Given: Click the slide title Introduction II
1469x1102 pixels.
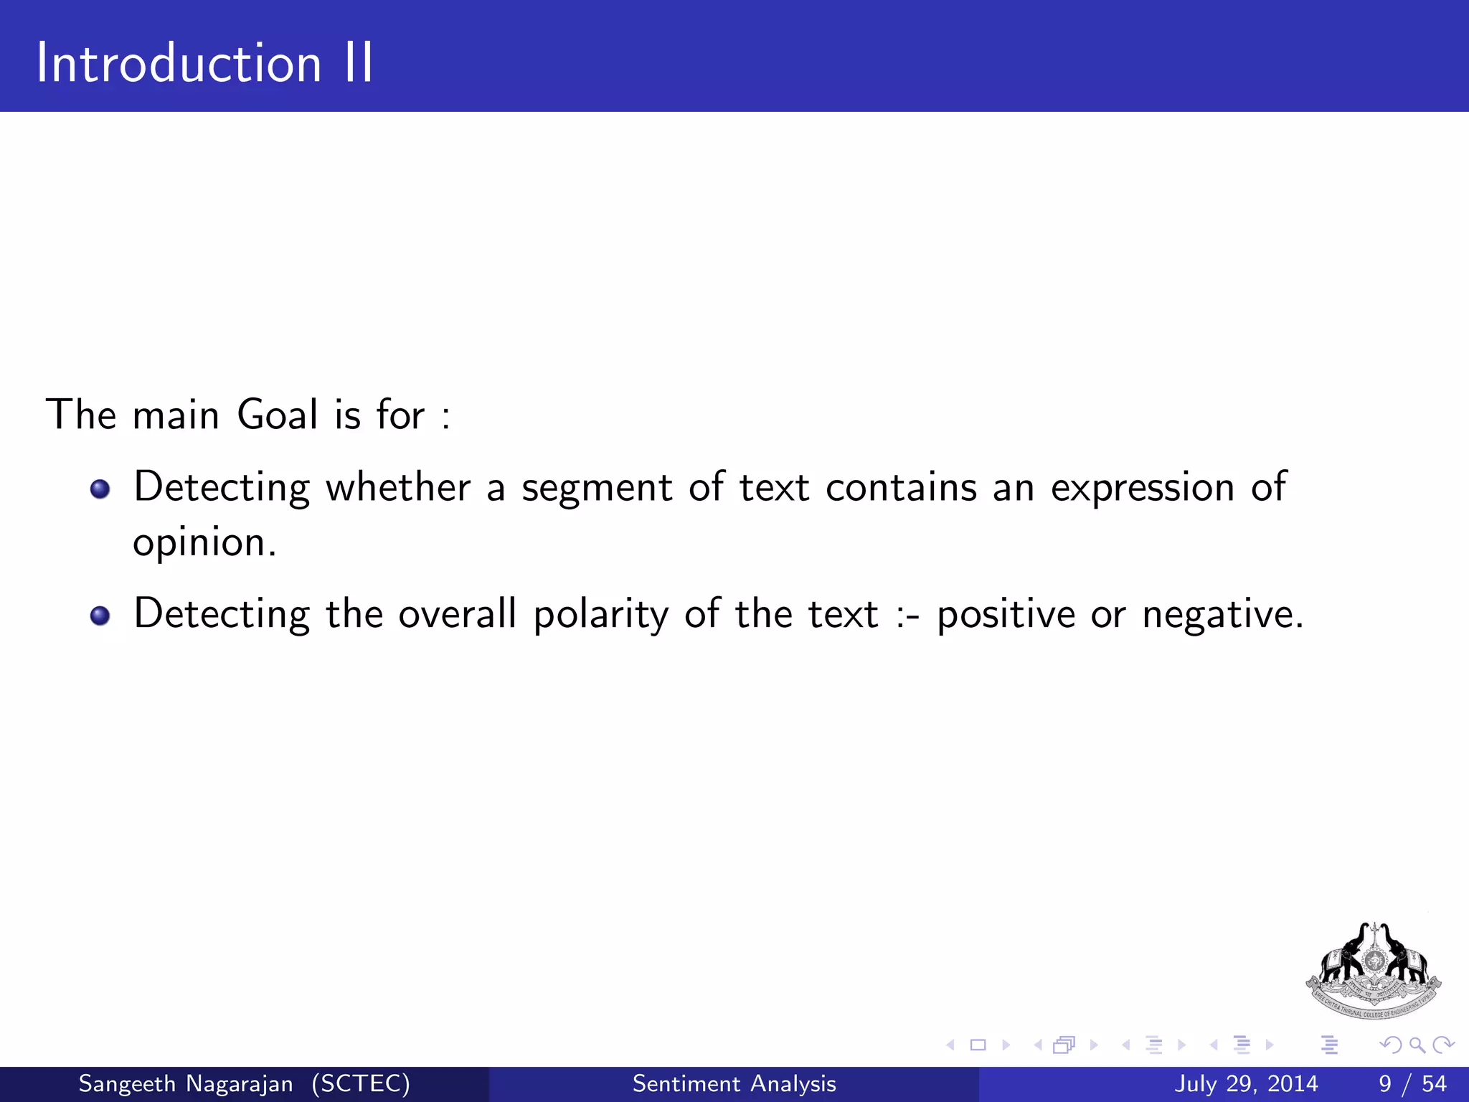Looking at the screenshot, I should tap(204, 63).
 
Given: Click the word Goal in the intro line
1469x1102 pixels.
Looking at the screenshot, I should tap(278, 415).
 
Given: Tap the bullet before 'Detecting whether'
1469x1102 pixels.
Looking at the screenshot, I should tap(100, 489).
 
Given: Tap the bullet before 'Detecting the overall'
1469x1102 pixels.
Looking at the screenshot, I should tap(100, 616).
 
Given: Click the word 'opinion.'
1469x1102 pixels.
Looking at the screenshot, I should tap(204, 543).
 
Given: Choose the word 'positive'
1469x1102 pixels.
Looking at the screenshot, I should tap(1006, 616).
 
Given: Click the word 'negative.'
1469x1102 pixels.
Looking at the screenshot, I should tap(1222, 616).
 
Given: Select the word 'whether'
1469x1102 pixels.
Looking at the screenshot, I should tap(398, 488).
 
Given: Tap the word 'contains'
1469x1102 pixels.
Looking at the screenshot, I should tap(901, 488).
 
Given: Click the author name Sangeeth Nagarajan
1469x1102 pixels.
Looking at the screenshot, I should tap(185, 1083).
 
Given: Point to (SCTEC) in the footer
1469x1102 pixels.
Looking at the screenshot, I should tap(361, 1083).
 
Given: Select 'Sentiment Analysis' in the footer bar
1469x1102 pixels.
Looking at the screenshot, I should tap(734, 1083).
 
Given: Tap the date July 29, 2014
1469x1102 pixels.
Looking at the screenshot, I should tap(1246, 1083).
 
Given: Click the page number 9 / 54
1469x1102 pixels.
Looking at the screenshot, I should tap(1412, 1083).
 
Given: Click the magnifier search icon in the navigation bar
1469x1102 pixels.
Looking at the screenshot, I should tap(1417, 1045).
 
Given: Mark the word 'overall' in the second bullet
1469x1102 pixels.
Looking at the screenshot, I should tap(457, 616).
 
